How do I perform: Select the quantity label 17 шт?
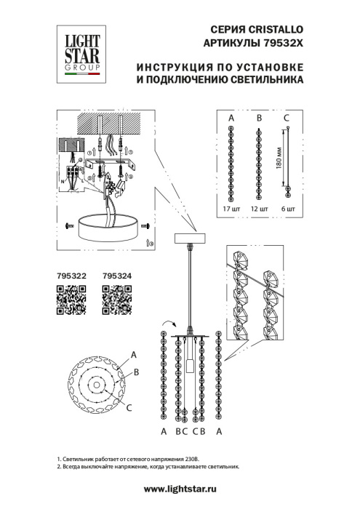coord(232,209)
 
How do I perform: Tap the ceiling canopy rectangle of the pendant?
coord(191,239)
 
